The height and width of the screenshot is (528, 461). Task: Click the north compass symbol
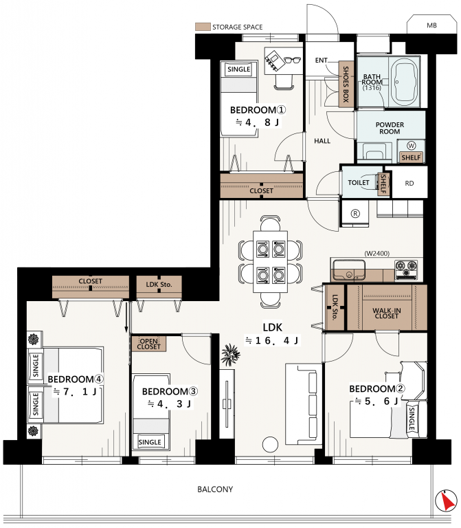(x=445, y=500)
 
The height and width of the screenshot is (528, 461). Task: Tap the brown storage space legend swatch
(x=203, y=27)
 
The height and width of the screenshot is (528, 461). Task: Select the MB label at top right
(x=431, y=25)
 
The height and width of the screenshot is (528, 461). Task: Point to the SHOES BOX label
(x=346, y=84)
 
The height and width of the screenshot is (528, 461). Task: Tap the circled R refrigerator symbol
(x=355, y=214)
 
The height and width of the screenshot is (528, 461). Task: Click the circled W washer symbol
(x=412, y=146)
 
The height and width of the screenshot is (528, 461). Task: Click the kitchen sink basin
(x=349, y=269)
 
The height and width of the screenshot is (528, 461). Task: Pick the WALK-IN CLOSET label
(x=387, y=313)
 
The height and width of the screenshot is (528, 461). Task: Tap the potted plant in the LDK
(x=231, y=355)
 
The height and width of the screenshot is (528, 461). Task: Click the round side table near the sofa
(x=270, y=445)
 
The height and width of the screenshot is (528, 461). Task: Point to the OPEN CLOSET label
(x=148, y=344)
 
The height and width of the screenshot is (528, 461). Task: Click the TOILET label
(x=359, y=182)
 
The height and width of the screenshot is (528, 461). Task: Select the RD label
(x=409, y=184)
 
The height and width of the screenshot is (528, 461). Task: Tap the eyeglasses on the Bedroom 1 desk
(x=292, y=60)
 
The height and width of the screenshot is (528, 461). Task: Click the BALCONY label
(x=215, y=489)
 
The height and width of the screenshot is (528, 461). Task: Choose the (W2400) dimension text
(x=377, y=253)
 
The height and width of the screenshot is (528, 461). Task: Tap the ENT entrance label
(x=321, y=60)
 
